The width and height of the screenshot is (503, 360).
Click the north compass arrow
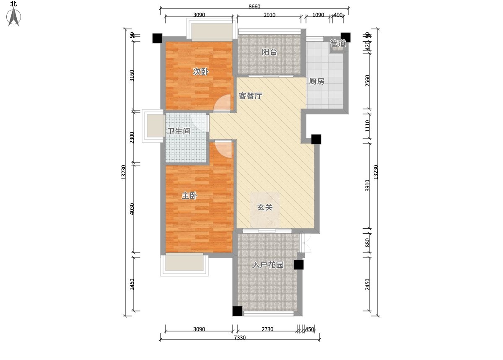pyautogui.click(x=15, y=17)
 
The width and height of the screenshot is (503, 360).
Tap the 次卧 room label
pyautogui.click(x=200, y=72)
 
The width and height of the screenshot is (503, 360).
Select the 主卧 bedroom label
pyautogui.click(x=189, y=196)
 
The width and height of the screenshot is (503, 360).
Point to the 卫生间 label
pyautogui.click(x=179, y=131)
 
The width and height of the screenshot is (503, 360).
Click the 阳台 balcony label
pyautogui.click(x=270, y=52)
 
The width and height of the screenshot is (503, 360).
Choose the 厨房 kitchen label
pyautogui.click(x=316, y=81)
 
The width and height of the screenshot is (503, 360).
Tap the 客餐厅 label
pyautogui.click(x=251, y=96)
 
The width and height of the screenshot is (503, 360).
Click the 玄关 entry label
pyautogui.click(x=265, y=207)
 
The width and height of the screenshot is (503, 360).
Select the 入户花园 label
pyautogui.click(x=268, y=265)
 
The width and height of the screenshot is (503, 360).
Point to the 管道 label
pyautogui.click(x=338, y=44)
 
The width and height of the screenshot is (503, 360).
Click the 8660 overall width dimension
pyautogui.click(x=254, y=6)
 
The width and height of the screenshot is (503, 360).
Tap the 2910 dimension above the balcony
pyautogui.click(x=270, y=15)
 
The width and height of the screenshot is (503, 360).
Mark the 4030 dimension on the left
pyautogui.click(x=132, y=209)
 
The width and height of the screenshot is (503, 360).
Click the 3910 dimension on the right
pyautogui.click(x=368, y=185)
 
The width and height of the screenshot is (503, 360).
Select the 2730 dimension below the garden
pyautogui.click(x=267, y=329)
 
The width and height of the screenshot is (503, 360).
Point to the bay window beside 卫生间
pyautogui.click(x=153, y=126)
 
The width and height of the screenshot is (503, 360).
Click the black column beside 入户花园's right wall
pyautogui.click(x=298, y=264)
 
